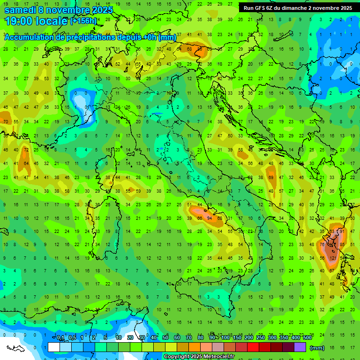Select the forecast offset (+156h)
click(83, 21)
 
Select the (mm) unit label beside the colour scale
click(317, 348)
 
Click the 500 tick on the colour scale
click(307, 338)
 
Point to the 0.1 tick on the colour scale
click(60, 338)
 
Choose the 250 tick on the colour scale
click(260, 338)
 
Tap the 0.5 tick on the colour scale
click(72, 338)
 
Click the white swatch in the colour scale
click(54, 347)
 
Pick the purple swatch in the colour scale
click(300, 347)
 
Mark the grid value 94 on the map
click(210, 218)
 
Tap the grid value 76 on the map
click(322, 245)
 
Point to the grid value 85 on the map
click(343, 245)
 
